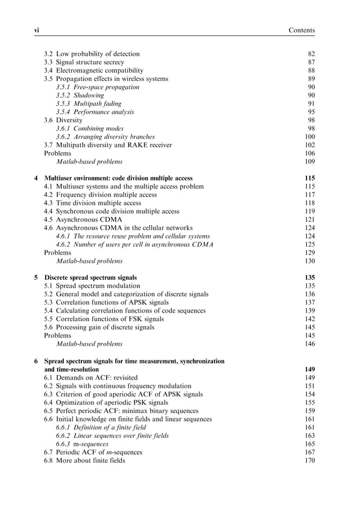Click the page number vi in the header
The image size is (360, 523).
point(37,30)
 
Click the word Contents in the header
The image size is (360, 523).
point(301,30)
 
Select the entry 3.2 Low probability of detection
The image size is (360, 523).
point(92,54)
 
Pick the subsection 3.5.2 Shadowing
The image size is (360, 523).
point(80,95)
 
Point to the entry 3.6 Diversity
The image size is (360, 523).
point(63,120)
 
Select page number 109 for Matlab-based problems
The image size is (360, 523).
point(309,161)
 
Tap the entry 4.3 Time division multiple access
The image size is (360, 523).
point(93,203)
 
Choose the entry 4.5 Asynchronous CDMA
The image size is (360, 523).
point(83,219)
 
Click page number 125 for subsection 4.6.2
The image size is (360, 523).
point(309,244)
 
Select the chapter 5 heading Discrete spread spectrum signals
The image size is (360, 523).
point(90,278)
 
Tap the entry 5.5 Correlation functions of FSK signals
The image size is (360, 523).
point(104,319)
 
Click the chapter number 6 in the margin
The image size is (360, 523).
point(36,361)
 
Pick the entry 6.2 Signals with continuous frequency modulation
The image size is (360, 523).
point(116,386)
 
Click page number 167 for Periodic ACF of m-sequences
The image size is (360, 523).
point(309,452)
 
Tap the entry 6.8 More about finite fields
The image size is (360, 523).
point(85,460)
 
